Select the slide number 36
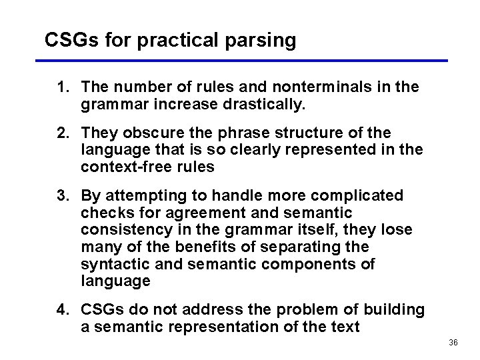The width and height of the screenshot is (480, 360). point(453,343)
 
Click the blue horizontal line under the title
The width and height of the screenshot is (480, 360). point(240,61)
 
